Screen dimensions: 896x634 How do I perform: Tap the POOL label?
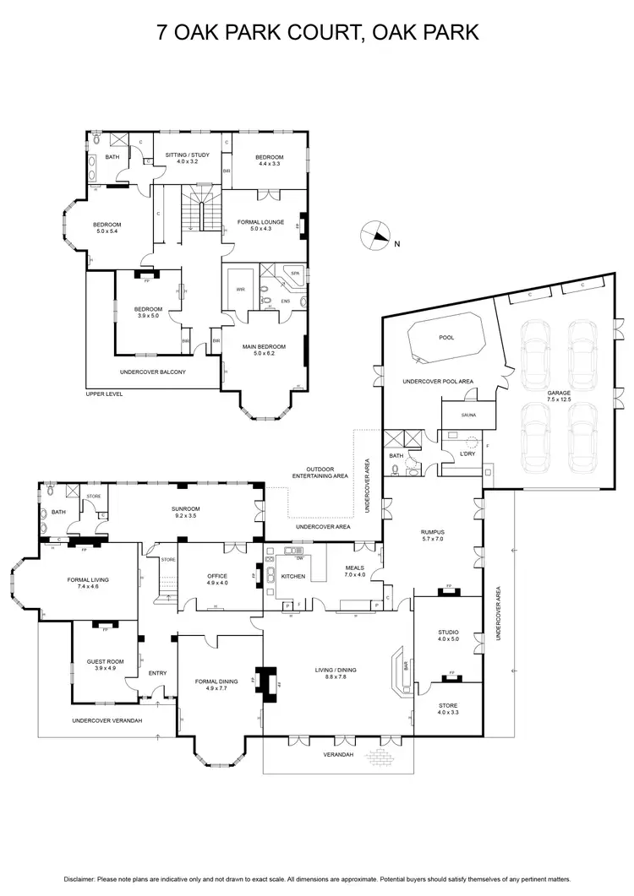[x=446, y=338]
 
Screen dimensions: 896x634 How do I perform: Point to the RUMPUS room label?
[x=432, y=537]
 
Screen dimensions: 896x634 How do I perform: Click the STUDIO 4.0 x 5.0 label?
[x=447, y=636]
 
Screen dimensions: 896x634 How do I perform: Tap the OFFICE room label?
[x=217, y=579]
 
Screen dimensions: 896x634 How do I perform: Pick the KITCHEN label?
[x=292, y=576]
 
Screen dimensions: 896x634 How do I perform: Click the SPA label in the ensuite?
[x=295, y=274]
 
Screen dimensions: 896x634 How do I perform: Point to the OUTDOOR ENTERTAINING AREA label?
[x=327, y=473]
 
